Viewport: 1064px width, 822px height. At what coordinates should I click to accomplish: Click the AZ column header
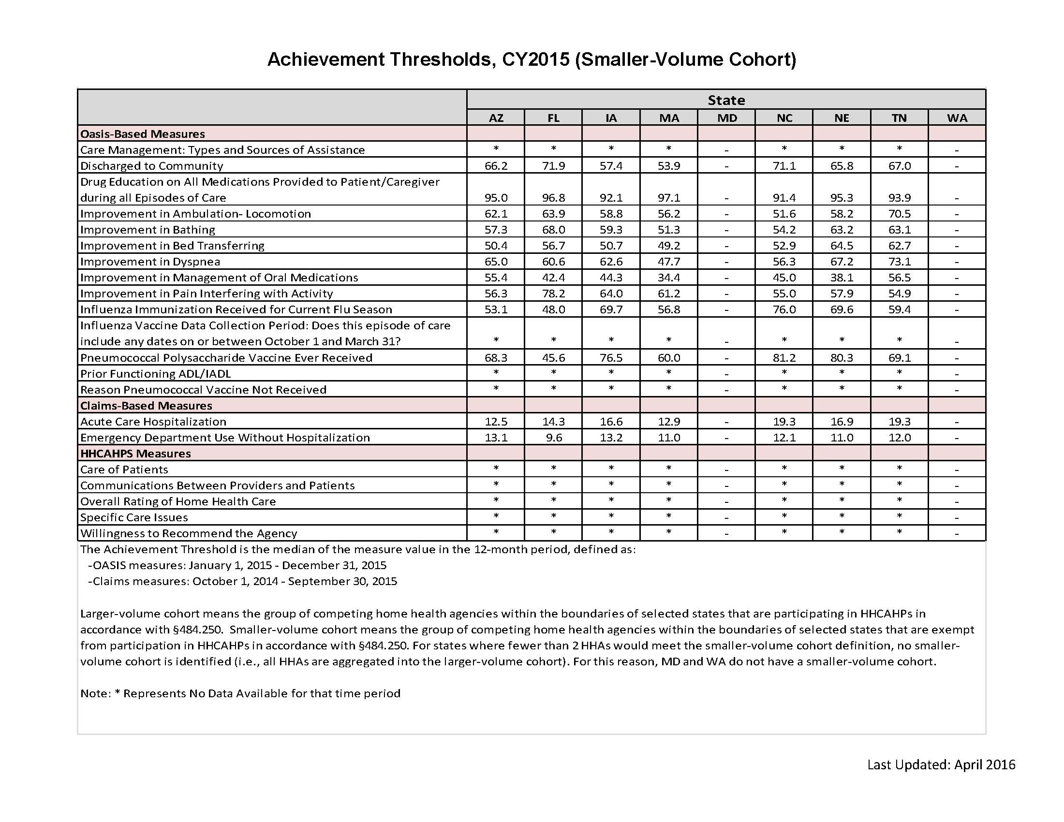tap(495, 118)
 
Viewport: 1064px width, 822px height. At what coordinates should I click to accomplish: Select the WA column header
tap(957, 118)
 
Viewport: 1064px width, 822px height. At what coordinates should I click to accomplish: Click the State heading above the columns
tap(726, 100)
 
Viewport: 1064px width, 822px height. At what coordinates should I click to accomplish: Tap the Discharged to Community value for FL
tap(553, 165)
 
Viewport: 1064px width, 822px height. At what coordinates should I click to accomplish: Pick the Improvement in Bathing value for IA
tap(611, 229)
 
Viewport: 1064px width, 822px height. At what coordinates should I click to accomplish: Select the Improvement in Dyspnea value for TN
tap(900, 262)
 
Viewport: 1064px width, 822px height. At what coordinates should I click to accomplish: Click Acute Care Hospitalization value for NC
tap(784, 421)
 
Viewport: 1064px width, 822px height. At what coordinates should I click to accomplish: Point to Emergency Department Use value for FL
tap(553, 437)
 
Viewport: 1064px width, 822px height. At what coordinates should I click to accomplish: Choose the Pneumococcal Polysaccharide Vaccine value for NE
tap(842, 357)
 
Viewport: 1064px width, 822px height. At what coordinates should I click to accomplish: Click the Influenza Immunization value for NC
tap(784, 309)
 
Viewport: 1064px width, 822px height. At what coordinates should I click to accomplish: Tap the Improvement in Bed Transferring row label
tap(173, 246)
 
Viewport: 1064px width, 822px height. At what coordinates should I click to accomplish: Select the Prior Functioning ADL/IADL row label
tap(155, 373)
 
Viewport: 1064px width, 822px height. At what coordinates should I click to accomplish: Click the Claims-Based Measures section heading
tap(146, 406)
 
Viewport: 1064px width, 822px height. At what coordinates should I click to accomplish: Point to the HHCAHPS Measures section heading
tap(135, 454)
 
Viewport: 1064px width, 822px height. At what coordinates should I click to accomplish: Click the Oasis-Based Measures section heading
tap(142, 134)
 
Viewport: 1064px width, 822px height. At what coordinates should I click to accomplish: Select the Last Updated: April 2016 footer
tap(941, 764)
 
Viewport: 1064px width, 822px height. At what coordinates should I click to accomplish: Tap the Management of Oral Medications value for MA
tap(668, 278)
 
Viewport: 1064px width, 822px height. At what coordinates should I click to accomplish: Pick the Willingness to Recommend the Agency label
tap(189, 533)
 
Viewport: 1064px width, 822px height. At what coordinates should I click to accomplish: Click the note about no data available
tap(240, 693)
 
